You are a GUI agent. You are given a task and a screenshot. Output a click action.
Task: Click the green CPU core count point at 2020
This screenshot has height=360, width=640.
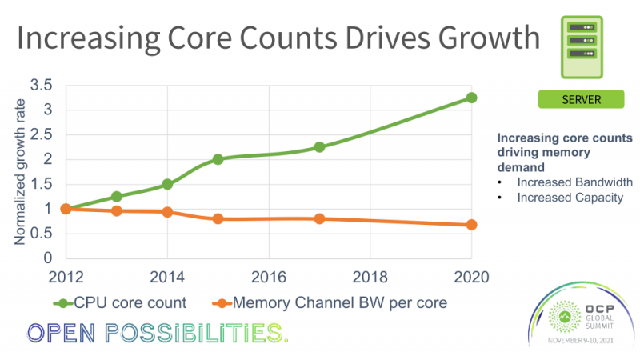(471, 98)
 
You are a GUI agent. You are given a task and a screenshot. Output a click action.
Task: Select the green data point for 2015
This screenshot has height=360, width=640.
(218, 159)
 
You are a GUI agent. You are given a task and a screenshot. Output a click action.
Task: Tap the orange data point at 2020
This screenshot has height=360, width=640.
(471, 225)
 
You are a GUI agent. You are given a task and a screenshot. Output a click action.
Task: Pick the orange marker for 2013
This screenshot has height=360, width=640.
(117, 211)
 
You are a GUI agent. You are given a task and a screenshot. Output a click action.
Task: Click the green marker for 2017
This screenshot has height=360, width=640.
(319, 147)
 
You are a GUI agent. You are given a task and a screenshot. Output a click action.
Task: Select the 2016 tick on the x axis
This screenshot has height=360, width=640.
(269, 276)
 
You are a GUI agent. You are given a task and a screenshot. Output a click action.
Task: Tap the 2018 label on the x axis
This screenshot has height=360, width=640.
(370, 276)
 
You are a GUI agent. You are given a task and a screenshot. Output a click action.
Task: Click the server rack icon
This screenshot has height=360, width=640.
(580, 47)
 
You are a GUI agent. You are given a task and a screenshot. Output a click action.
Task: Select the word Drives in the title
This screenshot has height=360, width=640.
(366, 38)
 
